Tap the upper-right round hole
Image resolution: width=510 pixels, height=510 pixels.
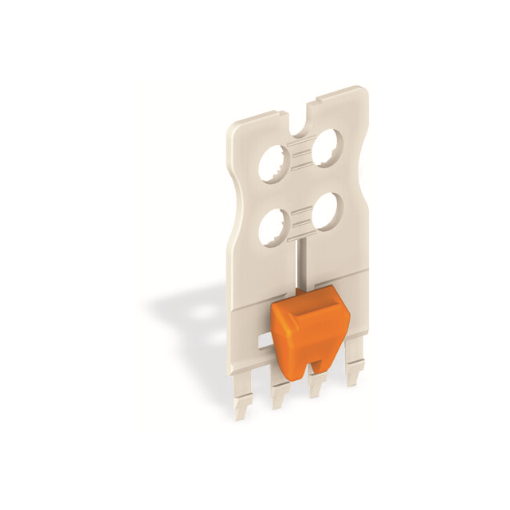(x=327, y=148)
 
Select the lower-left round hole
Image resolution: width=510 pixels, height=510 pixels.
(x=273, y=226)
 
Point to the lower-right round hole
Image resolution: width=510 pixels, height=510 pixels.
(x=324, y=210)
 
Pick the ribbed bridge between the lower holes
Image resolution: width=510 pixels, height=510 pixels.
(x=299, y=218)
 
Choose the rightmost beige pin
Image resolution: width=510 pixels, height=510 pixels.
(x=351, y=375)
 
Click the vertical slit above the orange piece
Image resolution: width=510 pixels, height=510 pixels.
(x=297, y=263)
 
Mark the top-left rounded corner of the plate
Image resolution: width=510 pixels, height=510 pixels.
(x=234, y=127)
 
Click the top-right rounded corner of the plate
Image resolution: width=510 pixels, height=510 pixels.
(x=363, y=92)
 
